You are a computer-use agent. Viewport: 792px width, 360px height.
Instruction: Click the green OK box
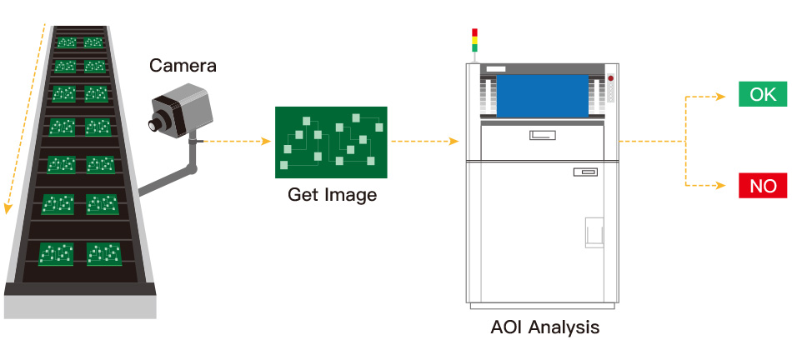click(763, 95)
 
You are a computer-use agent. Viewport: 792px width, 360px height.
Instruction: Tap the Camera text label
click(183, 66)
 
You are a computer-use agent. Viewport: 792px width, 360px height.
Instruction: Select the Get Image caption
click(332, 196)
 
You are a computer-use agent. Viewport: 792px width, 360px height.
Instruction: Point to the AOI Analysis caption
click(544, 327)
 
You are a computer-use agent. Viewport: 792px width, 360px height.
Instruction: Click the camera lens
click(155, 125)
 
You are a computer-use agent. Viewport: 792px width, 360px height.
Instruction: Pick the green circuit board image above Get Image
click(331, 142)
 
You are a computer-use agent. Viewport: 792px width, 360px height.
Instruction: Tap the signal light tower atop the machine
click(475, 40)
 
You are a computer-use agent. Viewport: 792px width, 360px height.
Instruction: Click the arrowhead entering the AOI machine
click(454, 142)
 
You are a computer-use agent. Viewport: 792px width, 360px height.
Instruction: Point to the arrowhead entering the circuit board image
click(268, 142)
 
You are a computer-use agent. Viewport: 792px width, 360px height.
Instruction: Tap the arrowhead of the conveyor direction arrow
click(8, 207)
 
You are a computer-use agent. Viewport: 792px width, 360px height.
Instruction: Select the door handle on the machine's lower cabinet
click(594, 232)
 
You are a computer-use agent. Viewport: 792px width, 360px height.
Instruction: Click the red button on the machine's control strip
click(610, 77)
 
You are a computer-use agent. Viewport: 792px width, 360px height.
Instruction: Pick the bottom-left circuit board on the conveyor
click(56, 253)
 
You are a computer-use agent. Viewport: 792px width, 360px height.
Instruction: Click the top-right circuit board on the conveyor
click(93, 42)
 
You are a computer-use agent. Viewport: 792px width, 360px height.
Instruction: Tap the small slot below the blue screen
click(542, 135)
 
